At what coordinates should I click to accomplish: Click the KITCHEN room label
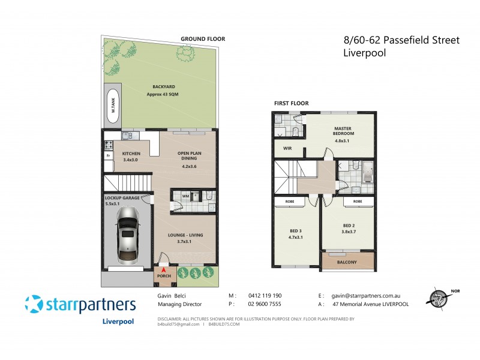click(x=130, y=154)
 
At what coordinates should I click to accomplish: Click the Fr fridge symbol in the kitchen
click(x=109, y=156)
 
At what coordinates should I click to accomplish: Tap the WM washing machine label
click(x=185, y=196)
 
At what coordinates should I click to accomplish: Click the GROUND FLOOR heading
click(x=203, y=39)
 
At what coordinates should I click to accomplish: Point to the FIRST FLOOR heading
click(x=291, y=103)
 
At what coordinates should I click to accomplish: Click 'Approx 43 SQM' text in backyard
click(x=162, y=95)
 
